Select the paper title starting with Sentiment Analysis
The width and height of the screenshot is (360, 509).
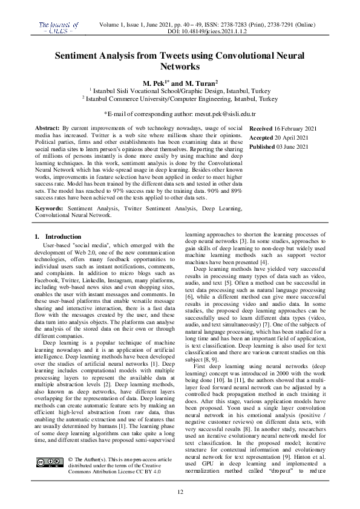[180, 60]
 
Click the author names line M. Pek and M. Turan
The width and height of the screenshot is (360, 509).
[180, 82]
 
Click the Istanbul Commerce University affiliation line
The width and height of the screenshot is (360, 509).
[180, 98]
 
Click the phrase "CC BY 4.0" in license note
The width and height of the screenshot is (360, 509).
[146, 473]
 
